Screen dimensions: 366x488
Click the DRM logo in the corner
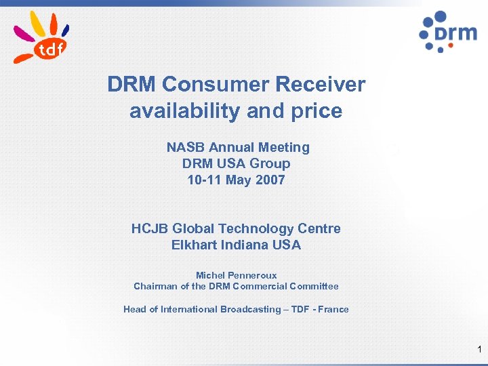447,32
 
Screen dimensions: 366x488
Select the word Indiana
245,245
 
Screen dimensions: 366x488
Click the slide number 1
479,350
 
